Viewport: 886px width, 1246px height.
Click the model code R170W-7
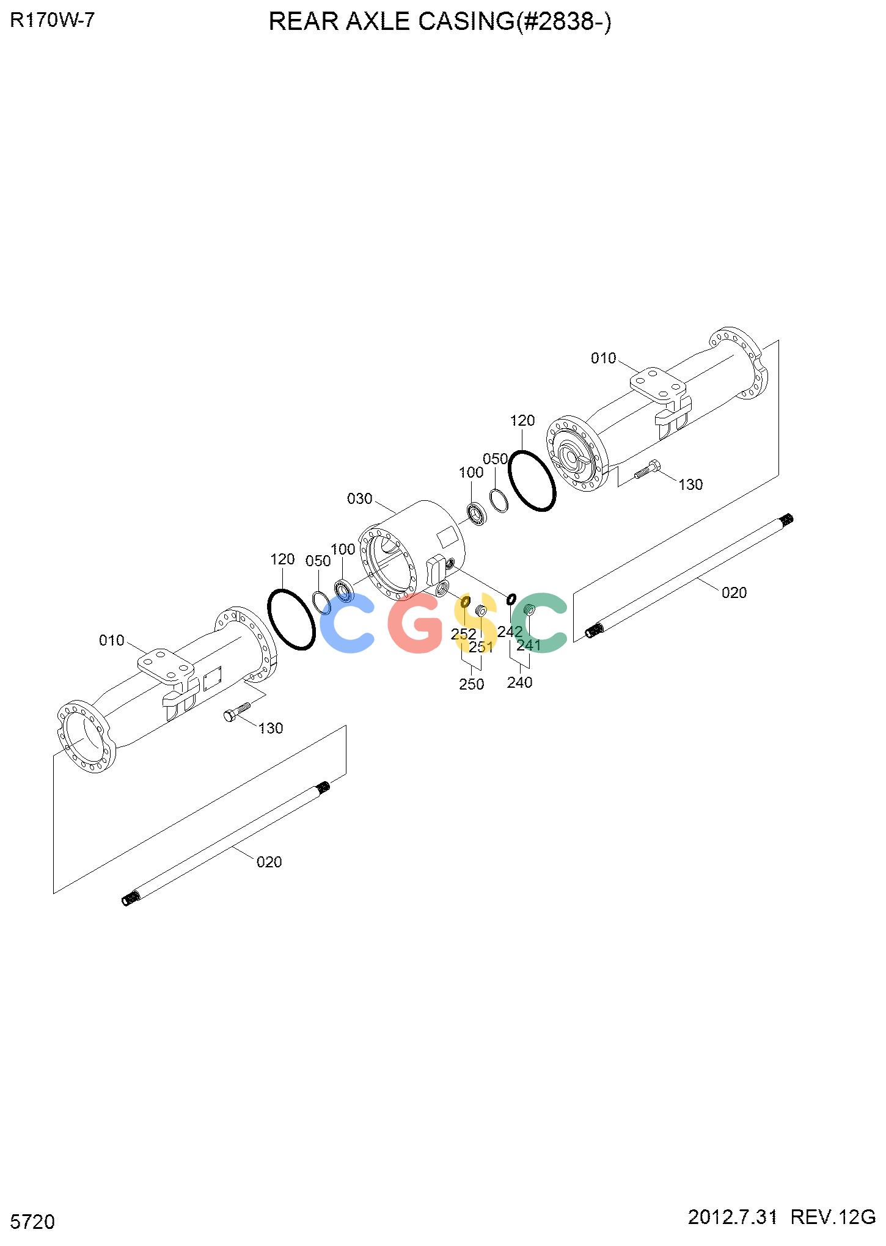[x=53, y=21]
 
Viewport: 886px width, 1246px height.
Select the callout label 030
[x=359, y=499]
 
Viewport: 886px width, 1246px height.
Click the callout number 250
[x=472, y=684]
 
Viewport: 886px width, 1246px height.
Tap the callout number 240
[x=519, y=682]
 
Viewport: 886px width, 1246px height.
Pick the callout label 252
[x=464, y=634]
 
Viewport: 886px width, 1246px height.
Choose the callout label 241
[x=529, y=645]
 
